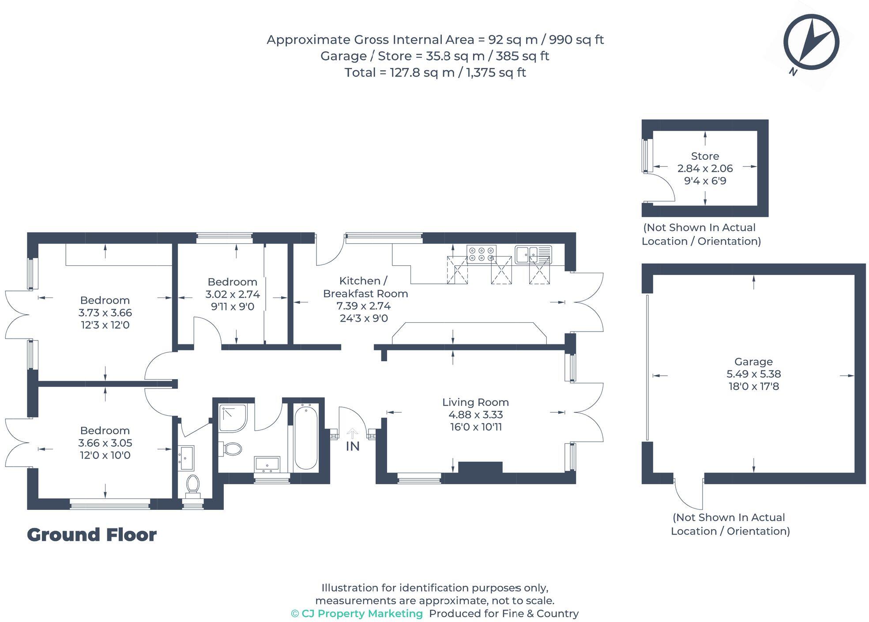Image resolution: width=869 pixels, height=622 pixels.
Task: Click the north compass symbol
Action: click(811, 42)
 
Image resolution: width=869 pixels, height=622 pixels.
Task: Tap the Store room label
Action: click(705, 156)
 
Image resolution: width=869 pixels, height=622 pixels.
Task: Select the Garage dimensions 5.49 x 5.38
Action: click(753, 374)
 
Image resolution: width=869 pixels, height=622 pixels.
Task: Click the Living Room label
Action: click(475, 402)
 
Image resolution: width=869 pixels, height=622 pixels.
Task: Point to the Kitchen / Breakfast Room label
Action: click(365, 287)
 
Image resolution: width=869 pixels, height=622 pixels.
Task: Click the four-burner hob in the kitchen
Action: click(481, 254)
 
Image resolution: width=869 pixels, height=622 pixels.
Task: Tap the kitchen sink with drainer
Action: click(533, 254)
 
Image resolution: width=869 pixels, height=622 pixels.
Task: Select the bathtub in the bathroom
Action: click(305, 438)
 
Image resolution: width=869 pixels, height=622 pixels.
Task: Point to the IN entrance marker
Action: click(352, 446)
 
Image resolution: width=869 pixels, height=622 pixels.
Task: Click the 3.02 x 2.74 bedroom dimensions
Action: click(233, 294)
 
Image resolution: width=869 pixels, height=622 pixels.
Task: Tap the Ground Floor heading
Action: click(92, 535)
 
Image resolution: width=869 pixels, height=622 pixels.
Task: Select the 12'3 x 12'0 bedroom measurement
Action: click(105, 325)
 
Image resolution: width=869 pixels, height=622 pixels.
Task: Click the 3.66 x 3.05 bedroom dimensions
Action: click(105, 443)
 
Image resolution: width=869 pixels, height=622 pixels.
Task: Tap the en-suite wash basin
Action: click(186, 458)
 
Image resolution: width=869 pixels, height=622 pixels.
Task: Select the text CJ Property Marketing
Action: click(357, 614)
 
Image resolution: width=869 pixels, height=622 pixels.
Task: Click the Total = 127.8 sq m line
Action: click(435, 72)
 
